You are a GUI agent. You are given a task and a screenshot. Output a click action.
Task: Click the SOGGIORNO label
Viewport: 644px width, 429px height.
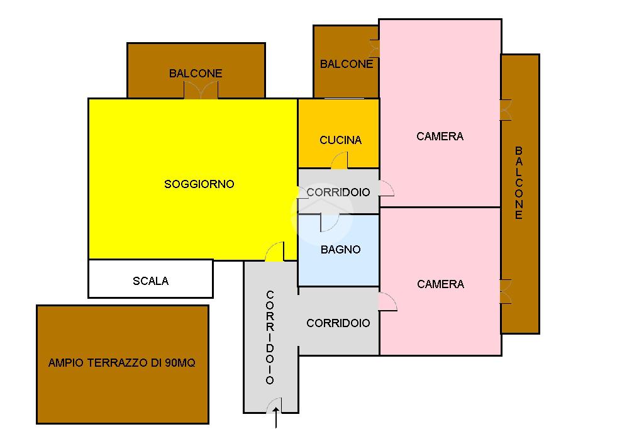pos(199,184)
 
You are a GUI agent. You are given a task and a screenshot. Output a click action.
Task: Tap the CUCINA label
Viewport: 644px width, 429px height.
pos(340,140)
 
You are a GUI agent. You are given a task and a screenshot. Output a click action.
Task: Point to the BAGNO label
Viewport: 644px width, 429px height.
pos(340,250)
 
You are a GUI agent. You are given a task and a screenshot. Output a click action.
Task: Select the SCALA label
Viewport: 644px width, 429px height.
pos(150,281)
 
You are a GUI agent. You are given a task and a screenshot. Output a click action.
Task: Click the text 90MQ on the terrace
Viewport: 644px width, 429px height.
pos(180,363)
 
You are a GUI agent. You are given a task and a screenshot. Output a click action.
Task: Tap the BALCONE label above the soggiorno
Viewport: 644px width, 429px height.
pos(196,74)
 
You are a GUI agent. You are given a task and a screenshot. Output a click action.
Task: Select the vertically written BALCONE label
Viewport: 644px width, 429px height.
pos(519,183)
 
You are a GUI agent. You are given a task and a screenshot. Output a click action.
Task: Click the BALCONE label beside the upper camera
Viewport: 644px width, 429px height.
pos(346,64)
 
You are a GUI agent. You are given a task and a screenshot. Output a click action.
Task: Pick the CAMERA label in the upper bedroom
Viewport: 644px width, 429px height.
pos(440,136)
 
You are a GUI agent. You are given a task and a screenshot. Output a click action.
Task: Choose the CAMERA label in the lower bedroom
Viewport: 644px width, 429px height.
pos(440,284)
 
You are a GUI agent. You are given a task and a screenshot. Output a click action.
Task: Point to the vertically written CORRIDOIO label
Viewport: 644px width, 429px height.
pos(270,337)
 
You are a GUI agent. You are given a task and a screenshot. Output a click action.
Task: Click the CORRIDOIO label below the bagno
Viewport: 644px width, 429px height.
pos(338,323)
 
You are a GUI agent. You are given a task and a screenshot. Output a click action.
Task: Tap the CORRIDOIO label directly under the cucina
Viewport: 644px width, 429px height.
pos(338,192)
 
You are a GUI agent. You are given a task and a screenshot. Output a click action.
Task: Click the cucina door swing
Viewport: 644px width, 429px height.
pos(339,161)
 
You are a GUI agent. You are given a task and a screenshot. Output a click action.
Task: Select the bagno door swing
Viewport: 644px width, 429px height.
pos(329,222)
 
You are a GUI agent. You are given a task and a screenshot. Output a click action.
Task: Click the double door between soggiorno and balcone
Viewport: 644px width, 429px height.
pos(201,91)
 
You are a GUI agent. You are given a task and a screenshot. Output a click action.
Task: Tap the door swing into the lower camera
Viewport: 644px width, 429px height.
pos(387,302)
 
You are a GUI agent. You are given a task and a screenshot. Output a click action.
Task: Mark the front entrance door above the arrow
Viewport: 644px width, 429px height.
pos(274,406)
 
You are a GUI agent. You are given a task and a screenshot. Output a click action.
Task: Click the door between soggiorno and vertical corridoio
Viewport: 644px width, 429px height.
pos(274,252)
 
